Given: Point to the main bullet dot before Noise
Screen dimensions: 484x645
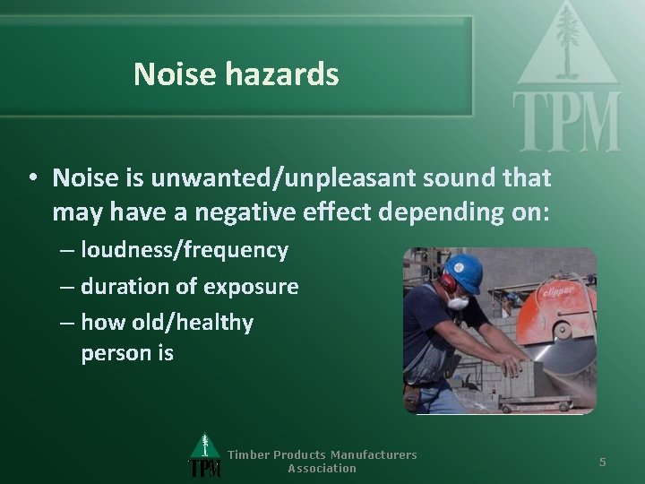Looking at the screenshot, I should (x=31, y=178).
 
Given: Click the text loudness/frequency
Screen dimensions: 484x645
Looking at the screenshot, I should (x=185, y=250).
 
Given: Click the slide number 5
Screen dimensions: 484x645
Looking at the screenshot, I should (x=603, y=462).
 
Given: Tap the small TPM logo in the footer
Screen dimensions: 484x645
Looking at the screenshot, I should (x=205, y=456).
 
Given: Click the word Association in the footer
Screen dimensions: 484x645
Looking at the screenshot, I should (x=322, y=468).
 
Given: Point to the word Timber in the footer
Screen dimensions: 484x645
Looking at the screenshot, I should (x=248, y=454).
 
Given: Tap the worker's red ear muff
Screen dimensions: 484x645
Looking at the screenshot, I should (x=448, y=281).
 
